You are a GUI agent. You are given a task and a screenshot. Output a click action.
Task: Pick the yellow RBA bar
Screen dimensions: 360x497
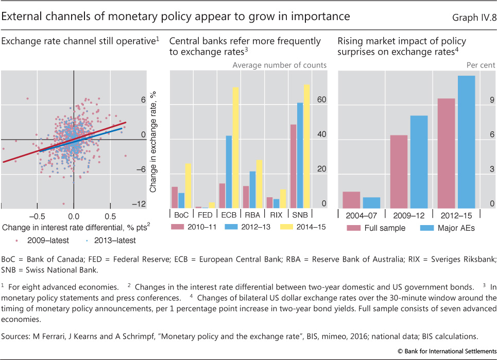(x=260, y=184)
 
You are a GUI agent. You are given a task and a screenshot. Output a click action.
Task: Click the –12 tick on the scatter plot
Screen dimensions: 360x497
(x=138, y=204)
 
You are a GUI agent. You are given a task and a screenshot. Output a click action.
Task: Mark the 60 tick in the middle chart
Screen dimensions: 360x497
(x=321, y=100)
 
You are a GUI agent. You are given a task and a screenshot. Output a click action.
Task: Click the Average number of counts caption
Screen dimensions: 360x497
(x=279, y=65)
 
